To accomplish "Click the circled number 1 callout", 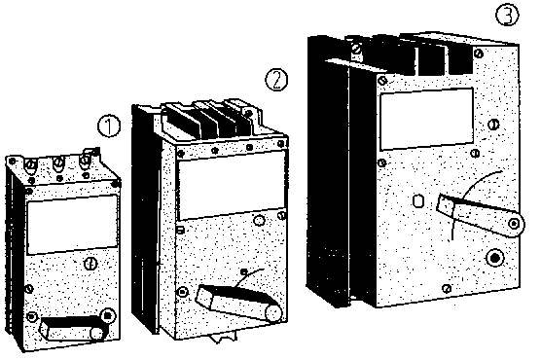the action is coord(109,126).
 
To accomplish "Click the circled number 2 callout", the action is coord(276,80).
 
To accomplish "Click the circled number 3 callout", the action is coord(507,15).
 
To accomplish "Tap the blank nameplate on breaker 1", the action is coord(72,225).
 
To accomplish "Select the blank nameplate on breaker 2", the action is coord(232,186).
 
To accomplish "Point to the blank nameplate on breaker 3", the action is coord(426,119).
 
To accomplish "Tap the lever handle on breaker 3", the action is coord(481,215).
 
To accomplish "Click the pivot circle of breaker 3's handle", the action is coord(515,224).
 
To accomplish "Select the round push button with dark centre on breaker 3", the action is coord(495,258).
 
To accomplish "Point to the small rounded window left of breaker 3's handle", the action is coord(418,200).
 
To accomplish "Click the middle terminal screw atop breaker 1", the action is coord(58,162).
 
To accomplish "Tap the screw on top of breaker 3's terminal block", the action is coord(356,50).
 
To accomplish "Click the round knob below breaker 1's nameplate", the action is coord(90,264).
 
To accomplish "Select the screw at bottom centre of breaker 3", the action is coord(447,288).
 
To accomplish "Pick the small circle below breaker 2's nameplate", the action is coord(259,220).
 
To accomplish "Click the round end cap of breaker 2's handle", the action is coord(273,313).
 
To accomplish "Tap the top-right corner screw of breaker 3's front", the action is coord(478,54).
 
